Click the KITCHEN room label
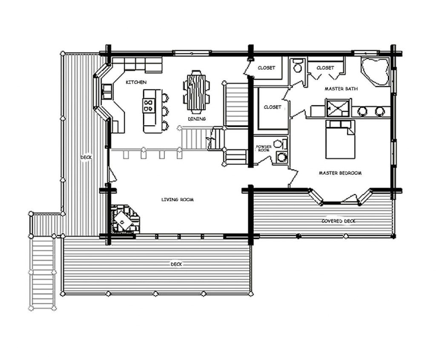pyautogui.click(x=136, y=82)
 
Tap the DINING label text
pyautogui.click(x=197, y=119)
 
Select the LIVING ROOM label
pyautogui.click(x=178, y=199)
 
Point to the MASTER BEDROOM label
pyautogui.click(x=340, y=173)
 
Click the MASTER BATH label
pyautogui.click(x=341, y=89)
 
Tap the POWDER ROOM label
pyautogui.click(x=264, y=148)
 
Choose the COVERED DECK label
pyautogui.click(x=338, y=221)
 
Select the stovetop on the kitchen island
pyautogui.click(x=149, y=105)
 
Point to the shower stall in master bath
pyautogui.click(x=338, y=107)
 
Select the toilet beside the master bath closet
pyautogui.click(x=298, y=66)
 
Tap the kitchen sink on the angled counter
pyautogui.click(x=106, y=89)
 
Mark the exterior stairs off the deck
pyautogui.click(x=42, y=271)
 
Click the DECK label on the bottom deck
pyautogui.click(x=176, y=265)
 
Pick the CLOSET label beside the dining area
pyautogui.click(x=267, y=68)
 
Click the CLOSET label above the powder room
pyautogui.click(x=272, y=107)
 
